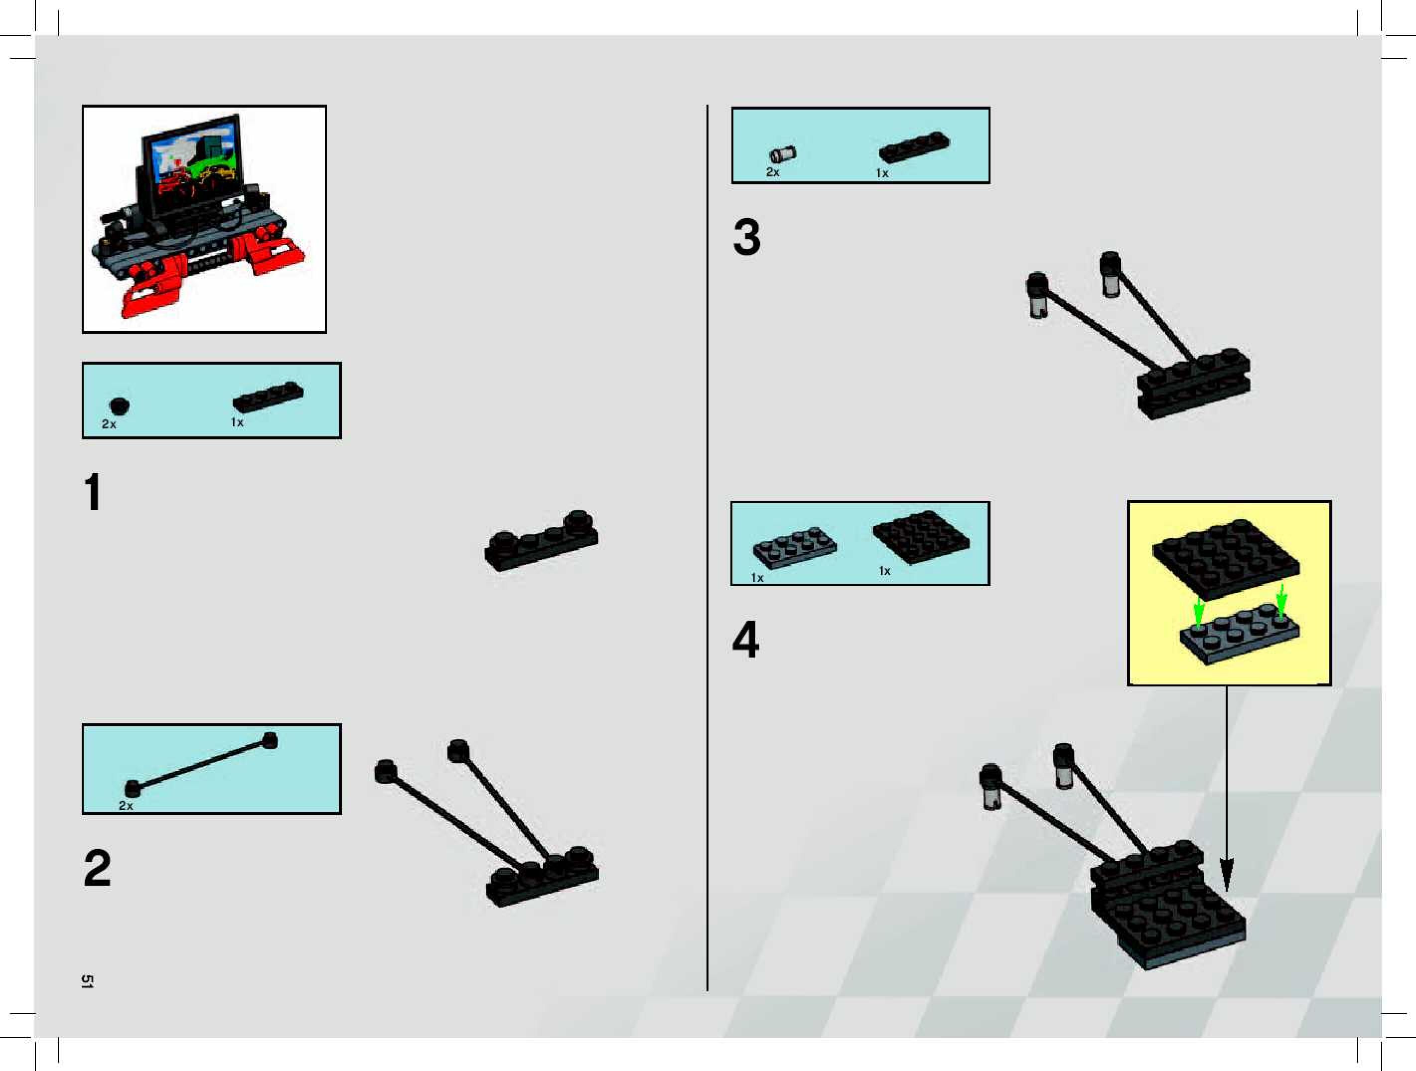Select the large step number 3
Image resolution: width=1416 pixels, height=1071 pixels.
747,238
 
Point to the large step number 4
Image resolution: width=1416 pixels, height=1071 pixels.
746,639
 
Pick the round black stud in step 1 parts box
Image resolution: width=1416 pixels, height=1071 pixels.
119,406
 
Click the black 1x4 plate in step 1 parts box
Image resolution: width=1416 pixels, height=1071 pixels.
268,398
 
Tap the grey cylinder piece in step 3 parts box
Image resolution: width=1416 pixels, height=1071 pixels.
782,154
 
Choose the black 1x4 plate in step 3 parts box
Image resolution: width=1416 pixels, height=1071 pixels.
914,147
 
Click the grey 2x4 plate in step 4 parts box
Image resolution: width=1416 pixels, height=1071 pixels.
794,545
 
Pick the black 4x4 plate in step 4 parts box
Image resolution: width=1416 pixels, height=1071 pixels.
921,536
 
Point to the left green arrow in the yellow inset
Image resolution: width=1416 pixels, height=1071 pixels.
1198,611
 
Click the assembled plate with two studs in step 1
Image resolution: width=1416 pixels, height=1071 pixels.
542,541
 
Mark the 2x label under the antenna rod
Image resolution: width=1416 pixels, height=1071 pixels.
126,805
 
